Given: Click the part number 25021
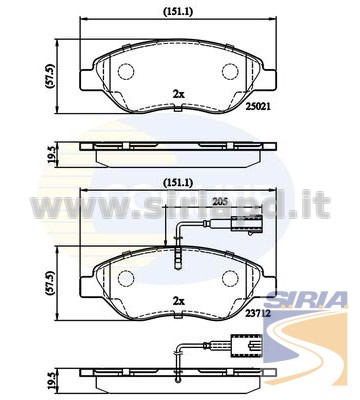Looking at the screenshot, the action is click(x=258, y=107).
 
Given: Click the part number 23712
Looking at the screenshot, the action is click(x=258, y=312).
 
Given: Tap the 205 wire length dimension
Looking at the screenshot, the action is click(x=220, y=201).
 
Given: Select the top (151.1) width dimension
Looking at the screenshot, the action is click(x=178, y=12).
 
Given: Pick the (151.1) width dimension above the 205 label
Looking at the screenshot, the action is click(x=178, y=183).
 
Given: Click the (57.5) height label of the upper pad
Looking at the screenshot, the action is click(x=51, y=76).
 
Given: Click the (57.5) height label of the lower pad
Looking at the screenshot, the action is click(x=51, y=283).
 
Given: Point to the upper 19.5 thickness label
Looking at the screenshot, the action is click(x=51, y=155).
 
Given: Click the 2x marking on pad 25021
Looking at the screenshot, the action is click(x=179, y=94).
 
